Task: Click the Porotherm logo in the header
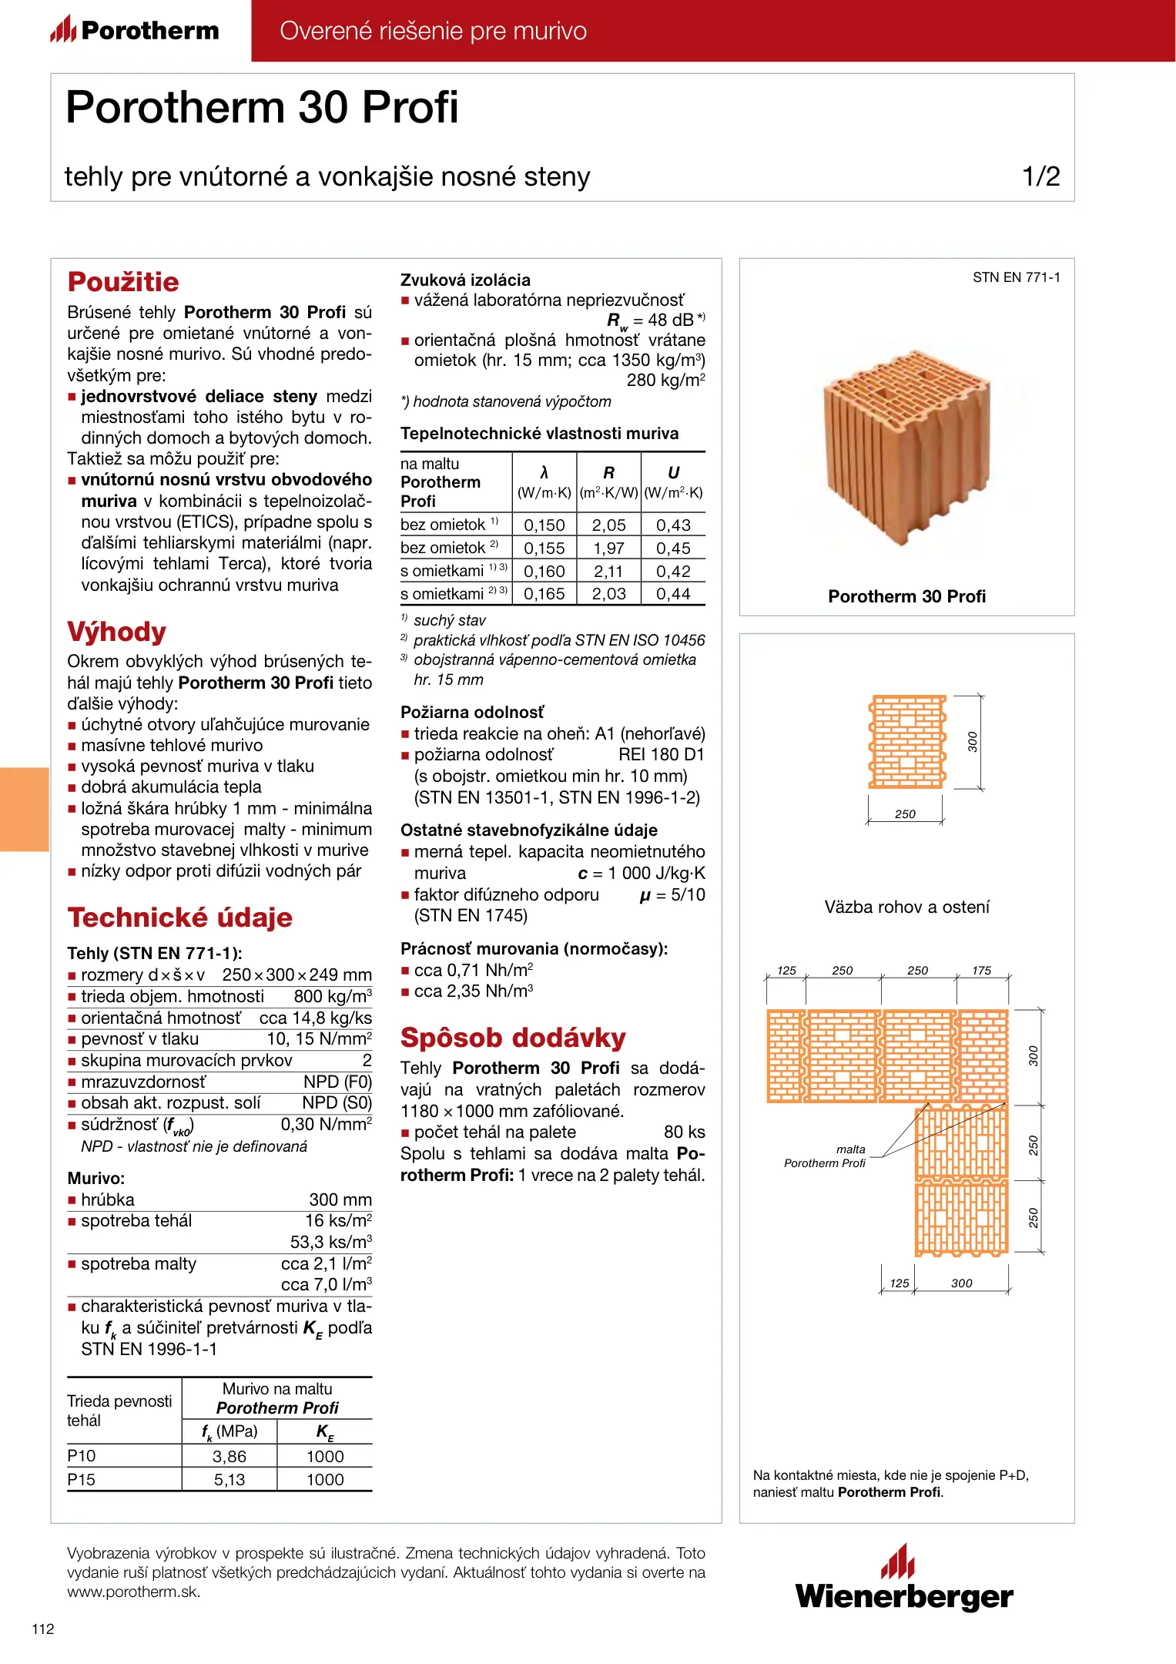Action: pos(136,30)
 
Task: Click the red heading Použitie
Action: pos(123,282)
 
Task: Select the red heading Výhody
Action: pos(117,632)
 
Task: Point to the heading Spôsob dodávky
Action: pos(513,1038)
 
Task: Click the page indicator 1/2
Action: pos(1040,176)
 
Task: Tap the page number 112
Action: pos(43,1629)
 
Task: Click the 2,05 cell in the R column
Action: pos(608,525)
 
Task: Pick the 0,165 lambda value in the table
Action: pos(544,594)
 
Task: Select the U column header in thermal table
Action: pos(673,473)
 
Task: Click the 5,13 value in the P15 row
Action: pos(230,1479)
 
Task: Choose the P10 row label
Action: pos(82,1456)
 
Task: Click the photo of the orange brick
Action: pos(906,447)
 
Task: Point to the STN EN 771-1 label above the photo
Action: pos(1016,277)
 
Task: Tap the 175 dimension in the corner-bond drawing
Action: pos(981,971)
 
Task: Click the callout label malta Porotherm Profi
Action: pos(825,1156)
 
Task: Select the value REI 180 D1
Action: pos(662,755)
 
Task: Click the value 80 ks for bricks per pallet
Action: pos(684,1132)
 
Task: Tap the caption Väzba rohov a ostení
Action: pos(906,907)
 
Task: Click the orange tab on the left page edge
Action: pos(24,809)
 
